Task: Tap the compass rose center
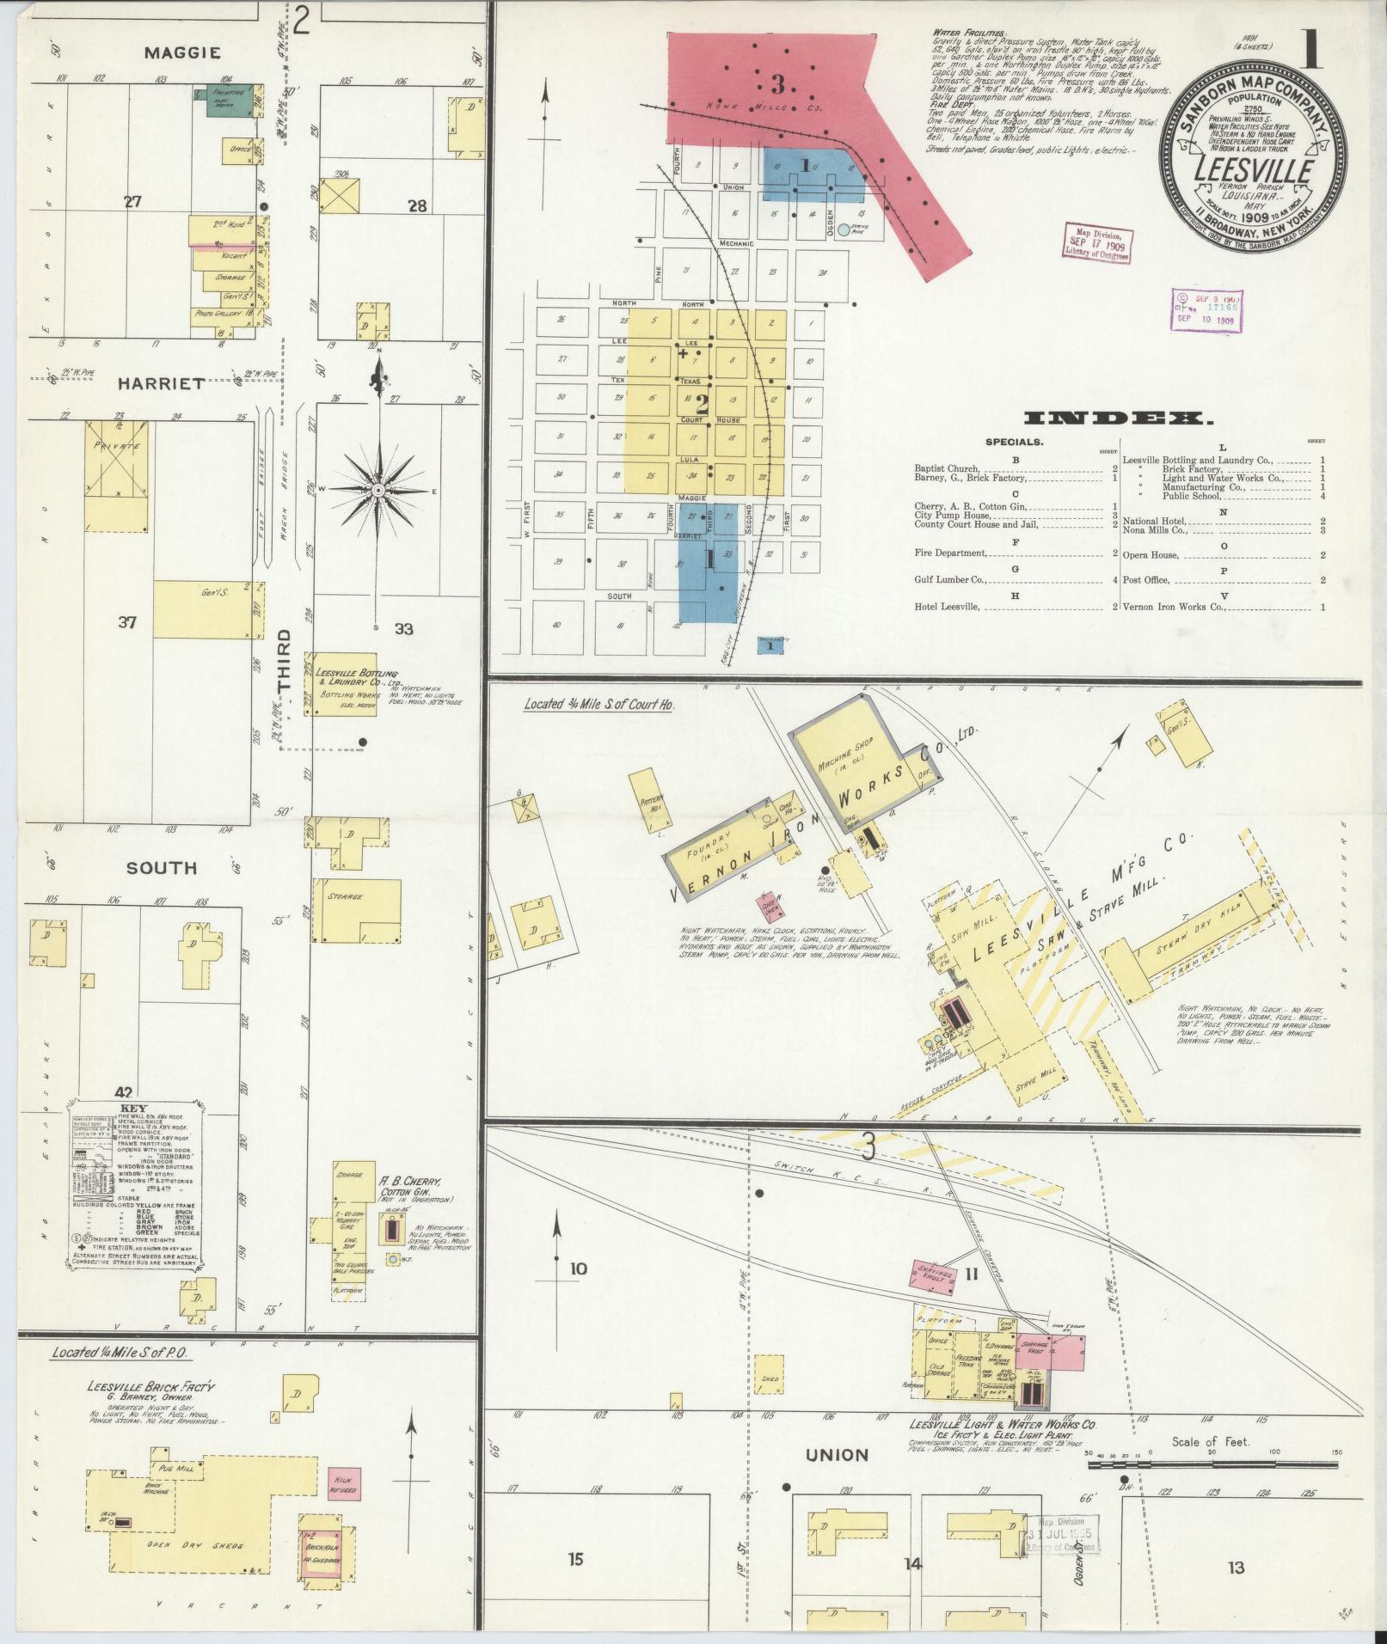[377, 490]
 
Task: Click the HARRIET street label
[162, 383]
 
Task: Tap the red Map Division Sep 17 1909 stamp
[1095, 243]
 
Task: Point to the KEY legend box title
[138, 1109]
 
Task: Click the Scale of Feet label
[1210, 1441]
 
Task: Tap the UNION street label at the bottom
[837, 1455]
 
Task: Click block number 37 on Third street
[127, 621]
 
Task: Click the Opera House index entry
[1161, 554]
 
